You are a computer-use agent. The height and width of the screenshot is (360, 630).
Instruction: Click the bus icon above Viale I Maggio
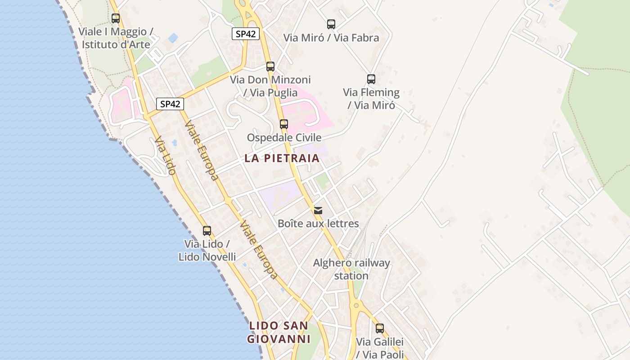pos(116,18)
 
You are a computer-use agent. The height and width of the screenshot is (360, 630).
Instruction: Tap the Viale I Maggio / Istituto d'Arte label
pos(116,38)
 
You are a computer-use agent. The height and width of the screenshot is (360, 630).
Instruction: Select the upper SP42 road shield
pos(246,34)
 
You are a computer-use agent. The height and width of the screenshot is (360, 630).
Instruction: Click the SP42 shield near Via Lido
pos(171,104)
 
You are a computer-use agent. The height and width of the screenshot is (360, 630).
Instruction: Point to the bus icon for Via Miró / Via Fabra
pos(331,24)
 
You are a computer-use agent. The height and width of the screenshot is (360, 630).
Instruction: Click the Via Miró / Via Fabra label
pos(331,38)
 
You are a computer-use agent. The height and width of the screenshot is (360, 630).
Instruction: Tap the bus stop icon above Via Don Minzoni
pos(270,67)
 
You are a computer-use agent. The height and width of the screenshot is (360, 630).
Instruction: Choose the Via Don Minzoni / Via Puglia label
pos(270,86)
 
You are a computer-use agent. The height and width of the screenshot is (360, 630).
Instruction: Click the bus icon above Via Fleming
pos(371,79)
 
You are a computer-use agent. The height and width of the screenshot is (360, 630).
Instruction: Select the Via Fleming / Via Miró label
pos(371,99)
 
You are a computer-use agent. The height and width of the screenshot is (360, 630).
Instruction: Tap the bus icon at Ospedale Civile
pos(284,124)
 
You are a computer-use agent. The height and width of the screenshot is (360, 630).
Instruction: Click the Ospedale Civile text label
pos(284,137)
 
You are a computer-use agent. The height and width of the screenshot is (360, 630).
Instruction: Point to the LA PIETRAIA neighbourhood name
pos(282,158)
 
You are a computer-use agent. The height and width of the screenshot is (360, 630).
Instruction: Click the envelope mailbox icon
pos(318,210)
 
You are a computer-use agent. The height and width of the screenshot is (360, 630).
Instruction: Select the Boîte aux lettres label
pos(318,223)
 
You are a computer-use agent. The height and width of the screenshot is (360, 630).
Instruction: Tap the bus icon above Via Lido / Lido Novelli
pos(207,231)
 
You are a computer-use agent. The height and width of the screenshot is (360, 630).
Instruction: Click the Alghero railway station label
pos(351,269)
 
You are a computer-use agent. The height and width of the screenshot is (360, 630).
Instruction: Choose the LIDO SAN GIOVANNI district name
pos(279,332)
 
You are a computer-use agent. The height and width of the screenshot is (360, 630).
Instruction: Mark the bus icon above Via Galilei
pos(380,328)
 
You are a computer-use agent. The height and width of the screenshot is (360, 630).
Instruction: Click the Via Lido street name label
pos(165,156)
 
